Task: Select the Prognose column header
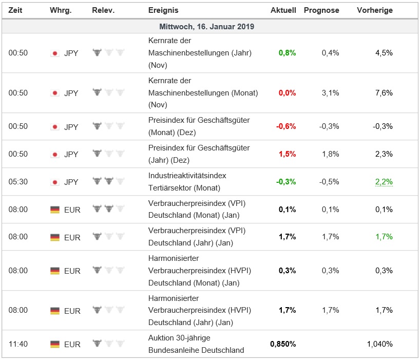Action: point(321,10)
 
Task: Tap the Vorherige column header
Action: point(375,10)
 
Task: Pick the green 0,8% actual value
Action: point(287,53)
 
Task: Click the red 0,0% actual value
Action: point(287,93)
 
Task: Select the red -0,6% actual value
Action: point(286,126)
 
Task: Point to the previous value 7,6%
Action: point(384,93)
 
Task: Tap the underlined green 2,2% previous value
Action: point(384,182)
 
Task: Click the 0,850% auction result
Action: point(283,344)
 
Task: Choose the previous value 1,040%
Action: point(380,344)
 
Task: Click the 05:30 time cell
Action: point(18,182)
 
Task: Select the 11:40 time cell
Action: point(18,344)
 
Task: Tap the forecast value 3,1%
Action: point(330,93)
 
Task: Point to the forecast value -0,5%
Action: point(329,182)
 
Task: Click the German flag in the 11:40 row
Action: point(55,344)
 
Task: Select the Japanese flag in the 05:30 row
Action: point(55,182)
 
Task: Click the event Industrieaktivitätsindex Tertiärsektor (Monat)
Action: point(187,182)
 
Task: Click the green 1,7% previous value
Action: point(384,237)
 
